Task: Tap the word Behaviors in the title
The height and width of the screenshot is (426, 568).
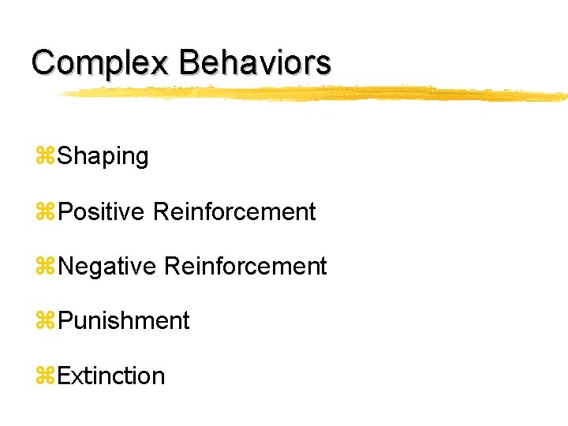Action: point(255,62)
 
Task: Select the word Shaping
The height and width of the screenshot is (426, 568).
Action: point(103,157)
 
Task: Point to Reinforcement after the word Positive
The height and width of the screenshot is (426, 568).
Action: point(234,211)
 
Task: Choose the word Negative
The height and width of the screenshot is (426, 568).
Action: point(107,267)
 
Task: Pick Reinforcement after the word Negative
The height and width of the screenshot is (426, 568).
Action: point(245,267)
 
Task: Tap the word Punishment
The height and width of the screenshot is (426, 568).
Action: point(124,321)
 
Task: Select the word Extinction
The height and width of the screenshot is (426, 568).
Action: point(111,376)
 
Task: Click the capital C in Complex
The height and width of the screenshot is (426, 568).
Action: point(43,62)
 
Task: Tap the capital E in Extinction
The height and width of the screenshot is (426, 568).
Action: point(65,376)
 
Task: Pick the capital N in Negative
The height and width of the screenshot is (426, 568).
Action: point(67,267)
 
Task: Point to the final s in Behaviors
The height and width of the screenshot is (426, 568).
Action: point(323,65)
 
